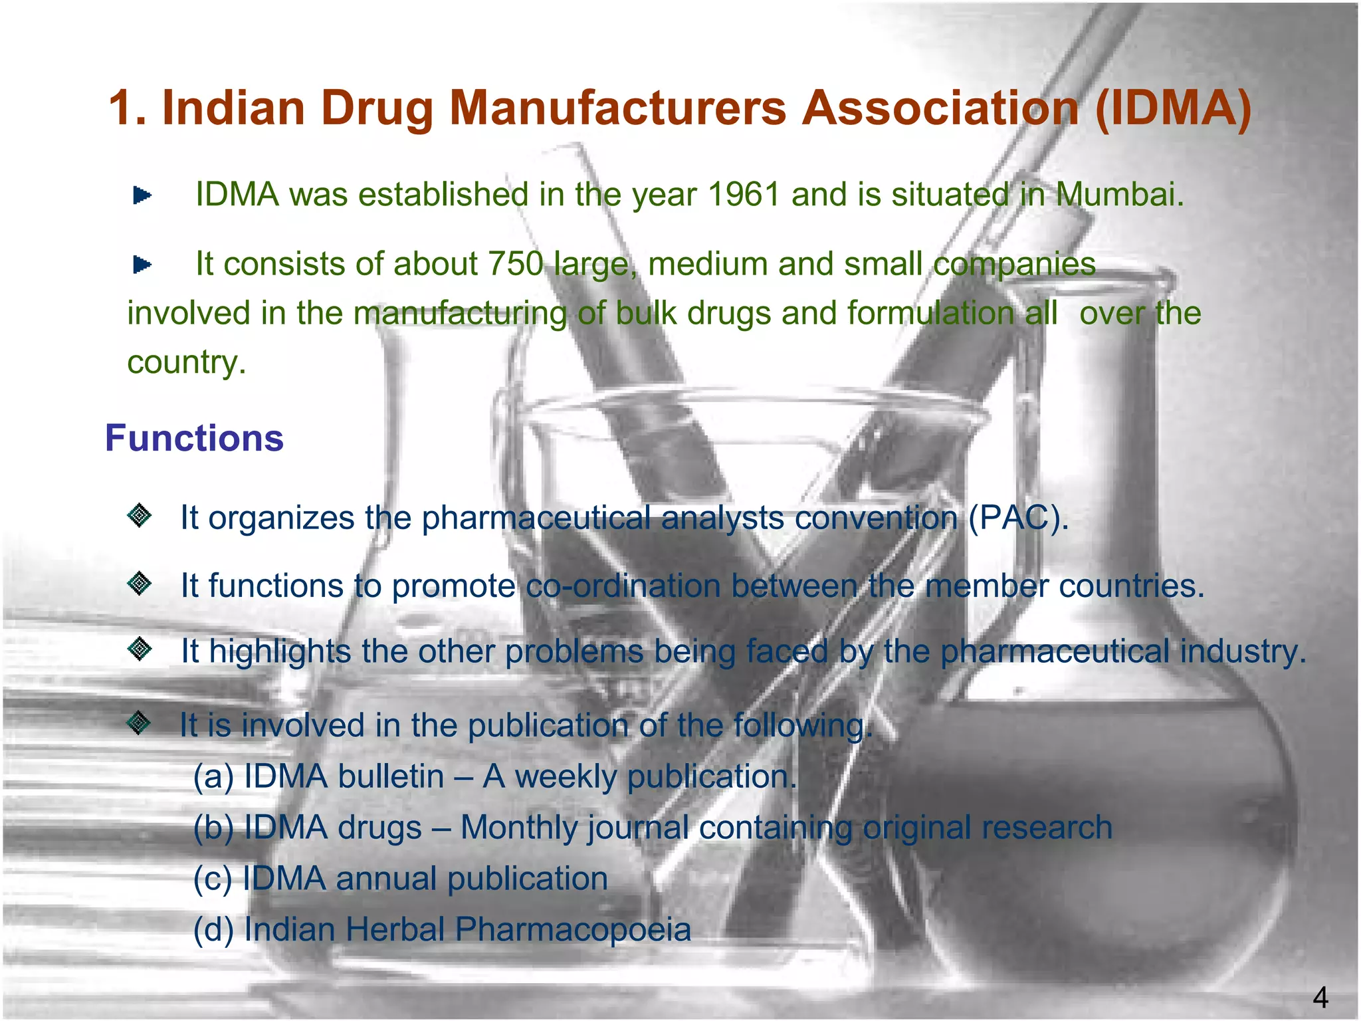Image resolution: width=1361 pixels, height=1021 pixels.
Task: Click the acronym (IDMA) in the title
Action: [x=1172, y=108]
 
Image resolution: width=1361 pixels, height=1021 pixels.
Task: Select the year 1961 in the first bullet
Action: [x=742, y=195]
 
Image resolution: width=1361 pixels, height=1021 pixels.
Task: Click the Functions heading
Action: [x=194, y=439]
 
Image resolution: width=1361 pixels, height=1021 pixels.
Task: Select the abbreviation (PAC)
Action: [x=1018, y=518]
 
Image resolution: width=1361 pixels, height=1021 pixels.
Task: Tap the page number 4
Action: [x=1320, y=998]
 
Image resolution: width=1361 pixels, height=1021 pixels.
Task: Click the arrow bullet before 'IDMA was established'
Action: [x=142, y=195]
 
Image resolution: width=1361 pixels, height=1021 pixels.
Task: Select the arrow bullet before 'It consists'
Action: [x=142, y=265]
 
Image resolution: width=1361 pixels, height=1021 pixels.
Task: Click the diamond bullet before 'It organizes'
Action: [x=140, y=515]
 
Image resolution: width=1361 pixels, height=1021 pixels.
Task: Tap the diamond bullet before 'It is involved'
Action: [x=138, y=723]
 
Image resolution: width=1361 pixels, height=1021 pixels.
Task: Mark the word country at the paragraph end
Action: [x=186, y=363]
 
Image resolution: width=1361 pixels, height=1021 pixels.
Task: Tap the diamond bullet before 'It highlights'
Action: [x=140, y=649]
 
